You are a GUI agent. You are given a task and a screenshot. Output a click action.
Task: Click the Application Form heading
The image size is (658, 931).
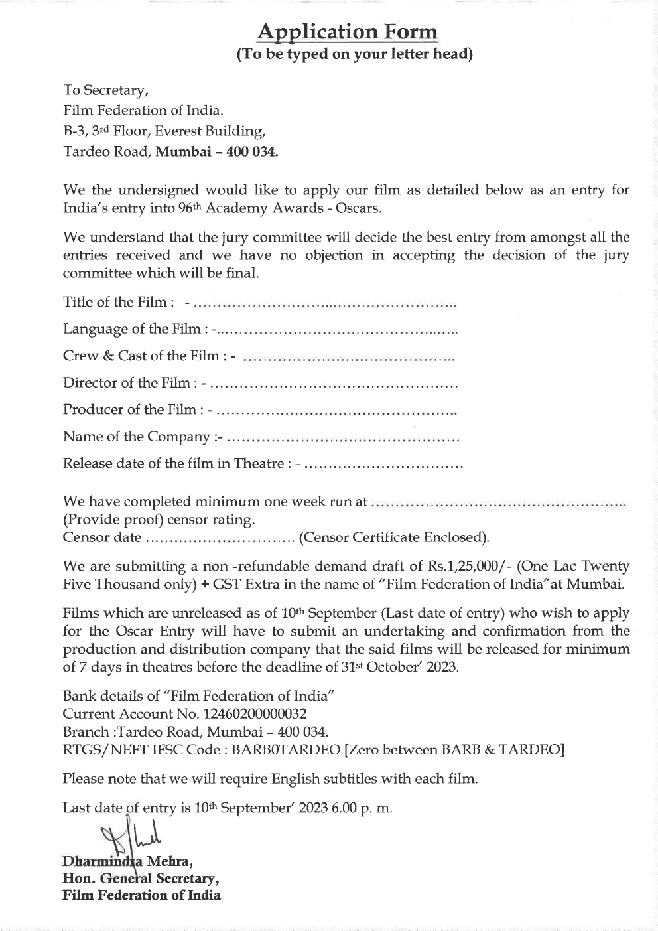347,31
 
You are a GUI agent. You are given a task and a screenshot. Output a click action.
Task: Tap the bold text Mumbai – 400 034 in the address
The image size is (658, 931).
217,151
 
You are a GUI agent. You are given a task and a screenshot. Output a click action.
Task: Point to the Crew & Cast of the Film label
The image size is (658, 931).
149,356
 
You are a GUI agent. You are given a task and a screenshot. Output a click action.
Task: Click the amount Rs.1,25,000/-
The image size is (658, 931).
468,566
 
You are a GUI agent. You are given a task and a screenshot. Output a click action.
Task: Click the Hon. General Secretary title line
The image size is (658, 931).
141,879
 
